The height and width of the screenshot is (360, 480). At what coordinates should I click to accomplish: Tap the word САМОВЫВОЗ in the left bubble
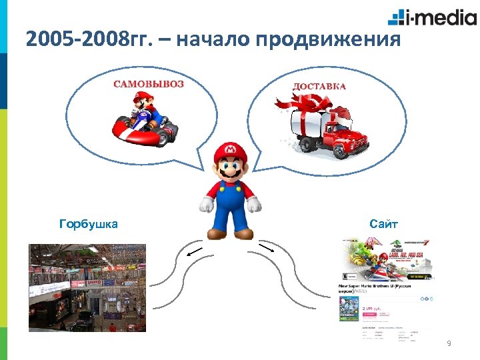pos(149,85)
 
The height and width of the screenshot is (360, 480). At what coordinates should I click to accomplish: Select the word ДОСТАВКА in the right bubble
pos(319,87)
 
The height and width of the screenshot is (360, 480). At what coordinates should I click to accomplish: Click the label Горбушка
pos(89,224)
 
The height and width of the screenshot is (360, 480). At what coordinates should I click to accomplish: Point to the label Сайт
pos(384,224)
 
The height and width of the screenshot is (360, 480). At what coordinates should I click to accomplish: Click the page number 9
pos(449,343)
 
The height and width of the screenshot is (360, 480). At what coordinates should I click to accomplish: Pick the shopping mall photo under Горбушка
pos(87,287)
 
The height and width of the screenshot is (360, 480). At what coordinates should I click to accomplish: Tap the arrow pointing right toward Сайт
pos(266,249)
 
